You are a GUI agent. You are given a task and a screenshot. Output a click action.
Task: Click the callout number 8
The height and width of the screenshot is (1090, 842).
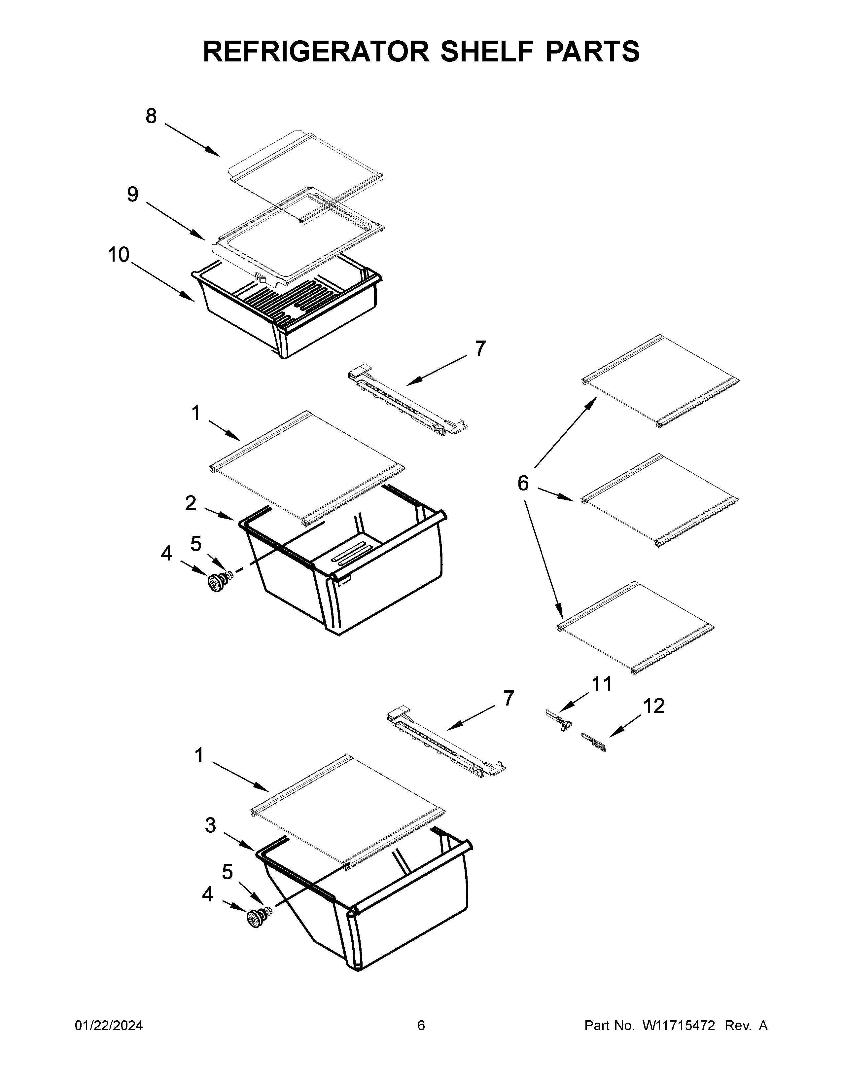click(x=151, y=116)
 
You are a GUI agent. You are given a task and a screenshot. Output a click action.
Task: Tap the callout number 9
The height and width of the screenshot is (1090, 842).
click(x=133, y=194)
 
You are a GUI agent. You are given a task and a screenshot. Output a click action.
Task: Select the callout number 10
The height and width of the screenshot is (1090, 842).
click(x=119, y=255)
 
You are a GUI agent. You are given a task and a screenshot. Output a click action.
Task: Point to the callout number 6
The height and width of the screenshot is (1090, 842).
click(x=523, y=483)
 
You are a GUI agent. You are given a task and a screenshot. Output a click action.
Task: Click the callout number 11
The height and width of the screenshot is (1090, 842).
click(x=602, y=684)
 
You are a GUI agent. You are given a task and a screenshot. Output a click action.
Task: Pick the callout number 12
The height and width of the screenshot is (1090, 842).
click(x=653, y=706)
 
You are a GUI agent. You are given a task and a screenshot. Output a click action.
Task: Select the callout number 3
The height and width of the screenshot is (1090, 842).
click(x=211, y=825)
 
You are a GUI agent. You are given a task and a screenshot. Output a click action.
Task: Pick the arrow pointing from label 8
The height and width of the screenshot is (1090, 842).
click(x=192, y=140)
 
